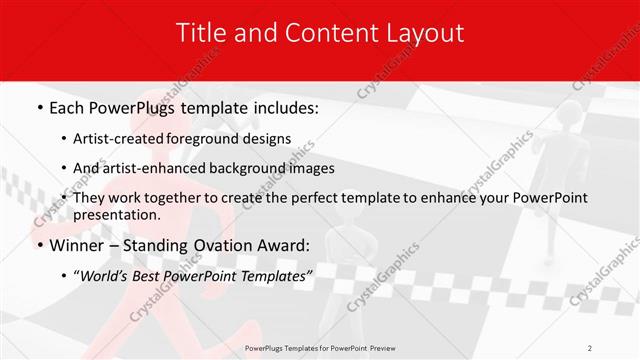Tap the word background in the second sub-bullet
[x=258, y=168]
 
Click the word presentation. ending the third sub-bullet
[x=116, y=215]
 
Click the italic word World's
[x=104, y=277]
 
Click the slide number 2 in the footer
[x=590, y=348]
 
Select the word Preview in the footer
[x=384, y=348]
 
